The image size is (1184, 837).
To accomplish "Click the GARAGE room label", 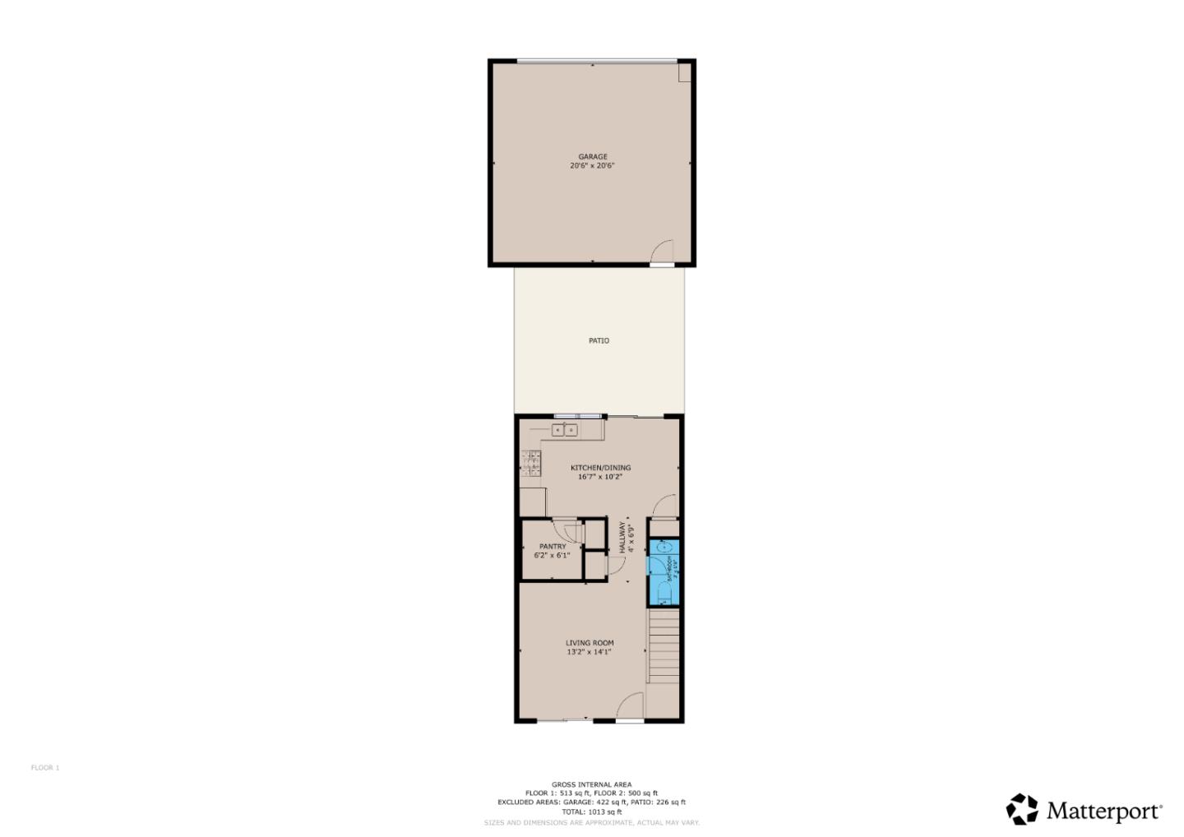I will tap(592, 156).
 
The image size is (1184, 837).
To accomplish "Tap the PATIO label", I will tap(599, 340).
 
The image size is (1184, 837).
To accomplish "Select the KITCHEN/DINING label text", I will tap(600, 468).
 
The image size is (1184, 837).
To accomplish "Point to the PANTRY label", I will tap(553, 547).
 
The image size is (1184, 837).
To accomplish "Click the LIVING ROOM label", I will tap(590, 643).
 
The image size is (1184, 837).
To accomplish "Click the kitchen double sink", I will tap(564, 430).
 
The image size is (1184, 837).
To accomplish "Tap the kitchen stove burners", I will tap(531, 464).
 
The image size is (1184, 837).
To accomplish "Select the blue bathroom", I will tap(664, 571).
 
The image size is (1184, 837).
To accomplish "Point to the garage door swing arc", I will tap(664, 250).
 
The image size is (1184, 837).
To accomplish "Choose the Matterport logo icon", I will tap(1022, 809).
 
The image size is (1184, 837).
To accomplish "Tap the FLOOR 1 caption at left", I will tap(45, 768).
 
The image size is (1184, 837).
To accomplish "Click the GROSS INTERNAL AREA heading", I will tap(591, 784).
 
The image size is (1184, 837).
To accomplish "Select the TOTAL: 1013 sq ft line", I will tap(591, 812).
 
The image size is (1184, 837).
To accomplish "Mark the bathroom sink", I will tap(665, 546).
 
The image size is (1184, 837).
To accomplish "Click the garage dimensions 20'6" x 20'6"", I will tap(592, 166).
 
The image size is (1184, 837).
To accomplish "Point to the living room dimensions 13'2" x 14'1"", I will tap(589, 652).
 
